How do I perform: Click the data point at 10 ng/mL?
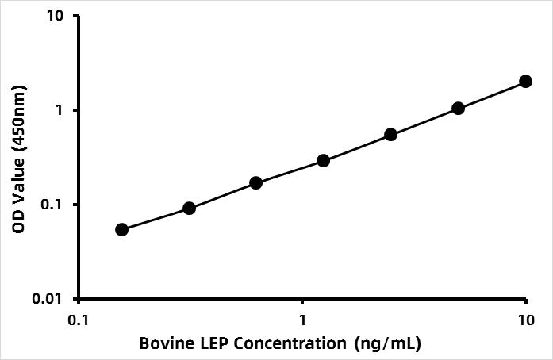[525, 81]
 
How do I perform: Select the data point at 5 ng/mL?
[458, 108]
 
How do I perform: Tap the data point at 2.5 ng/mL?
[390, 134]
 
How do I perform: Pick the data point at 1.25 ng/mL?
[324, 160]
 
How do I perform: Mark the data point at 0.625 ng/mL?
[256, 182]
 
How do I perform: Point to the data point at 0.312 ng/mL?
[189, 208]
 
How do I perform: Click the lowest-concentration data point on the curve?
[121, 229]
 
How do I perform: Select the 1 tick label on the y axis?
[62, 110]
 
